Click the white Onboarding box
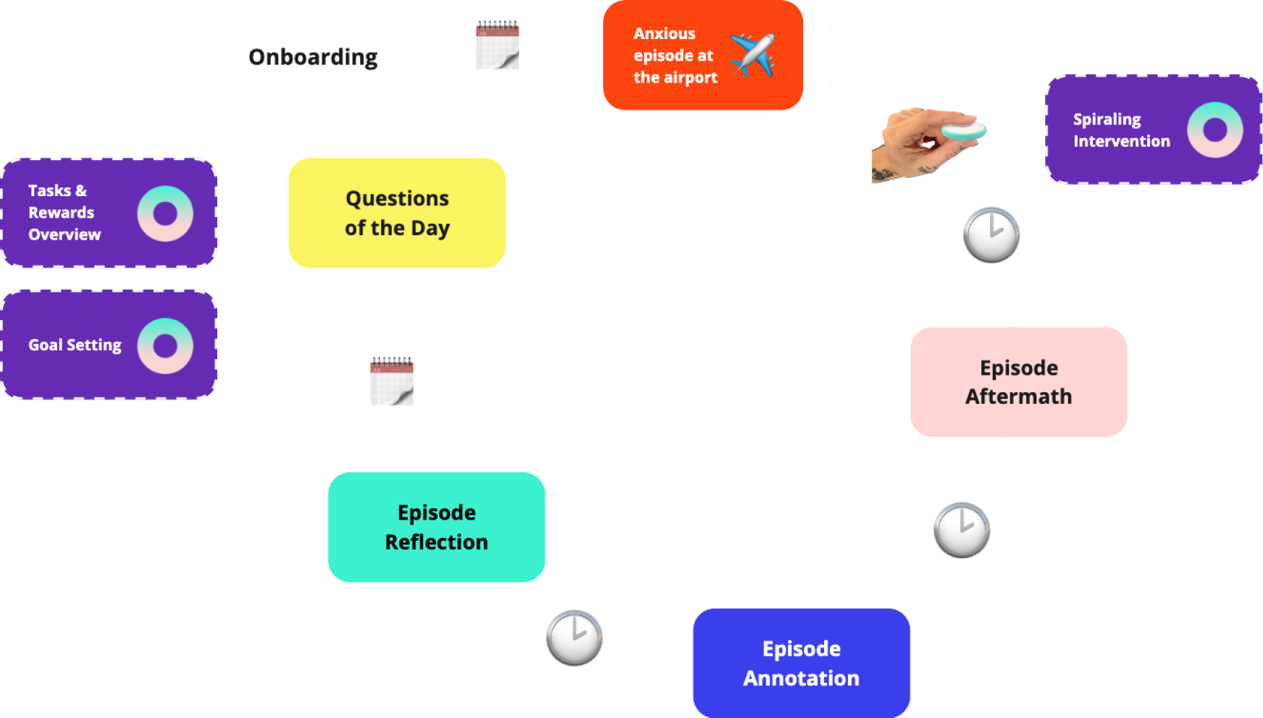point(313,56)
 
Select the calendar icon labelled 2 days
point(497,45)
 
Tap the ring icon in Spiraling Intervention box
point(1214,130)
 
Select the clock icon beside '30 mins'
point(991,235)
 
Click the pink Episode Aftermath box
point(1018,382)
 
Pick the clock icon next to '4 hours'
point(962,530)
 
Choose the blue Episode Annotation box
point(801,663)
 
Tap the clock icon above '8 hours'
point(574,638)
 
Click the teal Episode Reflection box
point(436,527)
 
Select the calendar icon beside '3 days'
point(392,381)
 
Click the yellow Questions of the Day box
point(397,213)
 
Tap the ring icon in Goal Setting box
point(165,346)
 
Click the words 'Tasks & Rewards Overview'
point(64,212)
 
